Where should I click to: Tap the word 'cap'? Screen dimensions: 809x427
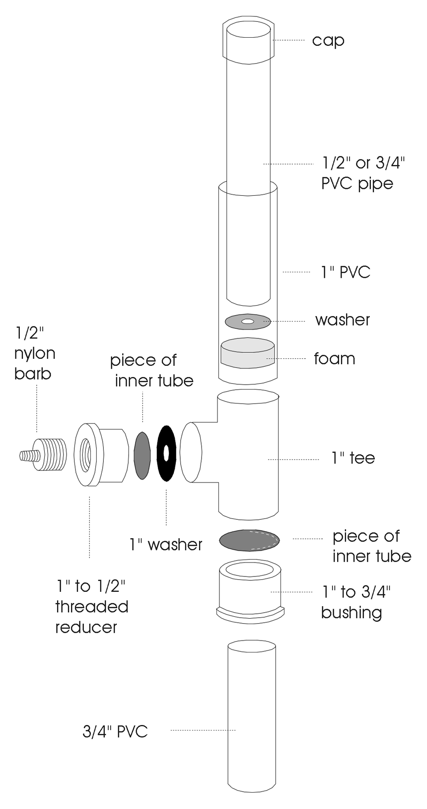[x=328, y=40]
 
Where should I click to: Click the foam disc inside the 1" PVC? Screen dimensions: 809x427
[x=247, y=354]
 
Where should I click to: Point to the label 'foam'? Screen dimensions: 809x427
[x=334, y=358]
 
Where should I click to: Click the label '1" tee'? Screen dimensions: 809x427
[x=353, y=458]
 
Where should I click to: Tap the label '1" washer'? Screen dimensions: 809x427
[x=166, y=545]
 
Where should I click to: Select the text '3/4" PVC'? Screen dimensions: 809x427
[x=115, y=731]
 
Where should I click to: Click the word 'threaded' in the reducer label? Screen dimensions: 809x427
[x=92, y=607]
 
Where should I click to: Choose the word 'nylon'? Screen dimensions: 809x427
[x=34, y=353]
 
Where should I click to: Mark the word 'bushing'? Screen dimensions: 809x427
[x=351, y=612]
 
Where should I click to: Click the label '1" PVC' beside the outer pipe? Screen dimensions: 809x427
[x=346, y=272]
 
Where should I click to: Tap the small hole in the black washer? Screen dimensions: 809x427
[x=165, y=453]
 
